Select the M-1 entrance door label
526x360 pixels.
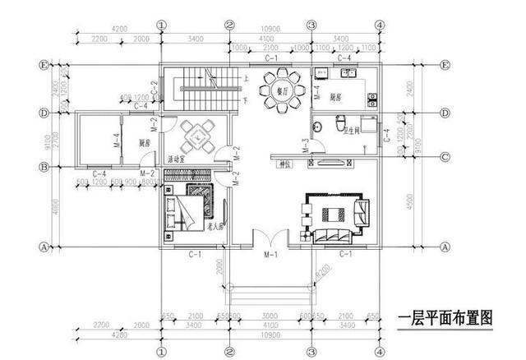click(x=269, y=255)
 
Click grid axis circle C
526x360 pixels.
click(x=443, y=157)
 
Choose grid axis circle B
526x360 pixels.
click(x=45, y=167)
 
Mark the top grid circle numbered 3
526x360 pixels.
click(x=311, y=25)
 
